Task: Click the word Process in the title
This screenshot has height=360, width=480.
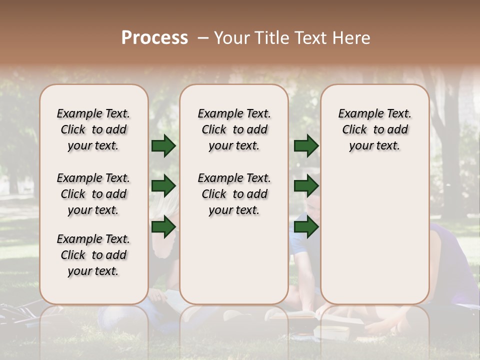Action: coord(154,38)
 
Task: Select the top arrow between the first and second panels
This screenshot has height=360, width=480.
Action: coord(163,145)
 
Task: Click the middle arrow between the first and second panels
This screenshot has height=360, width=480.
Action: coord(163,186)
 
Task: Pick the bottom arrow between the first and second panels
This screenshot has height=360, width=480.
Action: coord(163,226)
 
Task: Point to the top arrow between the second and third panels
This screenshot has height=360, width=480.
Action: coord(306,145)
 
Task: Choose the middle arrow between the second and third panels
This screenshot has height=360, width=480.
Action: coord(306,186)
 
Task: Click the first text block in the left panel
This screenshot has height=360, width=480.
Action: coord(93,129)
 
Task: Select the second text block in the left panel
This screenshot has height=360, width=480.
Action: coord(93,194)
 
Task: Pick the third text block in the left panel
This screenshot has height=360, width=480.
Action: coord(93,255)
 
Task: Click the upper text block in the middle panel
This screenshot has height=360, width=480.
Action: coord(234,129)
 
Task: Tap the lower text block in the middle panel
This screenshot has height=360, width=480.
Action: coord(234,194)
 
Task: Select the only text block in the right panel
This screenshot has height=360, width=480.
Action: coord(374,129)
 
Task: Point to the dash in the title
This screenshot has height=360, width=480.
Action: coord(203,38)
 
